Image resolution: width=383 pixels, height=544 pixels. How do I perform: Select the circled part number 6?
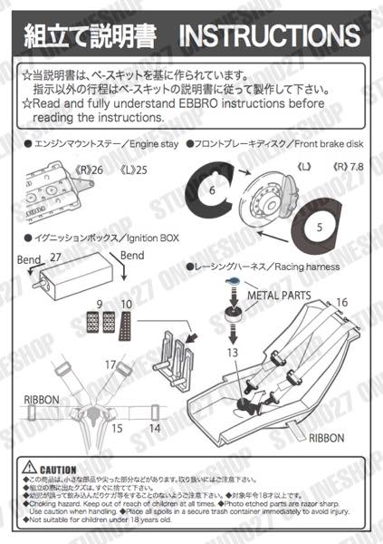210,191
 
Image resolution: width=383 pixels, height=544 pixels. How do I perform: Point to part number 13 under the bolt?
233,352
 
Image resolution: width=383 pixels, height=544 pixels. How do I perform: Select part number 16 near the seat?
342,303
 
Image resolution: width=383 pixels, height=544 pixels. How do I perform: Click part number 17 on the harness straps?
109,365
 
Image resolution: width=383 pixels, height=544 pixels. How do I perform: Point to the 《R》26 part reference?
91,168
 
